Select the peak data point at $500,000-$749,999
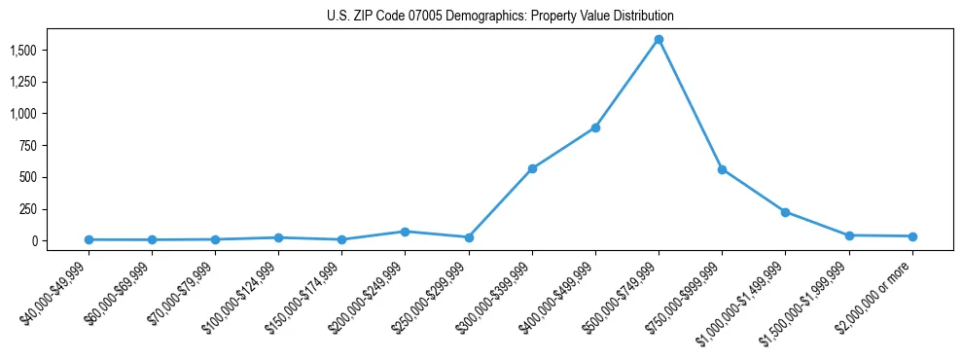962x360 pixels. tap(659, 40)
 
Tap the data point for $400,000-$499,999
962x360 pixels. tap(595, 127)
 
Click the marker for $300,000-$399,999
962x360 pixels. tap(532, 168)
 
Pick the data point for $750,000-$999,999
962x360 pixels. tap(722, 169)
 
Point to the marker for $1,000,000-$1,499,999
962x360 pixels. tap(785, 212)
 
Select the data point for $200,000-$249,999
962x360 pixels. tap(405, 232)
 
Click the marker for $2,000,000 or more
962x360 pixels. tap(912, 236)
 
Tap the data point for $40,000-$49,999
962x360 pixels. tap(89, 239)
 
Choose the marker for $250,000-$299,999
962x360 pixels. tap(469, 237)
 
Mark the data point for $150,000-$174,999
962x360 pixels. tap(341, 239)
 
